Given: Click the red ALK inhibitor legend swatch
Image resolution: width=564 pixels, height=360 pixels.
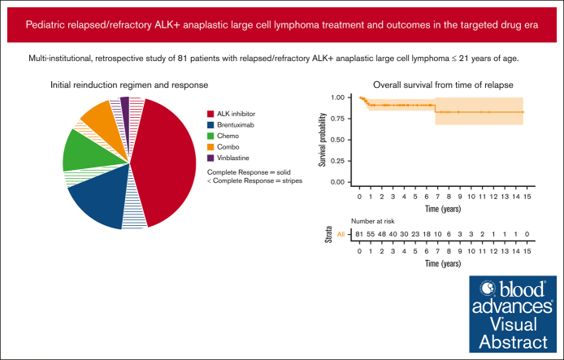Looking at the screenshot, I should point(211,114).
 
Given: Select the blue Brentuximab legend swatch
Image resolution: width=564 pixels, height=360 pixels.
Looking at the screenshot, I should point(211,125).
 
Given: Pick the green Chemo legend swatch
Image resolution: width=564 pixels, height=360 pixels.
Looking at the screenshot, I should point(211,137).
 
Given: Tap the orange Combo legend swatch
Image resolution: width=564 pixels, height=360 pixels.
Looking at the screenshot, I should point(211,148).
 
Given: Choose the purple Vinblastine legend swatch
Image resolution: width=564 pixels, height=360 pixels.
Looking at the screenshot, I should point(211,159).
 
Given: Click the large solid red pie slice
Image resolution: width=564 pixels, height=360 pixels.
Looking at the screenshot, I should point(167,163).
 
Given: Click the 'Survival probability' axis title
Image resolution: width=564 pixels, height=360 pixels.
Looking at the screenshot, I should point(323,140).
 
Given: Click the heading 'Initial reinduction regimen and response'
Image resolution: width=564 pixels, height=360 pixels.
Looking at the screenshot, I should point(128,85).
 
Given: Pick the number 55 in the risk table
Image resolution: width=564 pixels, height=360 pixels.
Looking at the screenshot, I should point(371,234).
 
